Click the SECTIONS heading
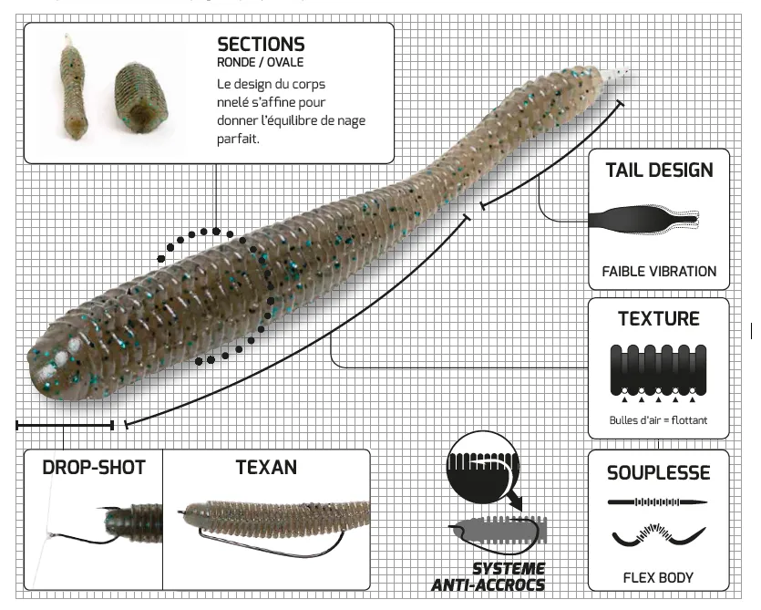point(261,44)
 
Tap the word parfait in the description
point(240,139)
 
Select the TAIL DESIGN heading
point(659,171)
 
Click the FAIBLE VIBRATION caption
point(659,271)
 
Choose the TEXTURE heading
point(658,319)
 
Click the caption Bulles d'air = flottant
point(658,420)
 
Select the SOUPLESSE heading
point(658,472)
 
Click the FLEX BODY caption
point(658,577)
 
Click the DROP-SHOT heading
point(94,468)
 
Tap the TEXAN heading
point(266,468)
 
